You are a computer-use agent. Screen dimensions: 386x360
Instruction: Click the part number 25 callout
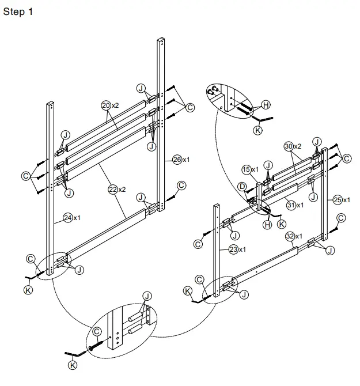(x=338, y=200)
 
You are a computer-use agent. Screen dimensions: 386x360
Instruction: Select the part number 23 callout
(x=234, y=249)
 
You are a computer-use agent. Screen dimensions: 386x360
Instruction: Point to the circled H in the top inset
(x=266, y=104)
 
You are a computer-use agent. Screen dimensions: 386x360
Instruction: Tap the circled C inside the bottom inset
(x=97, y=331)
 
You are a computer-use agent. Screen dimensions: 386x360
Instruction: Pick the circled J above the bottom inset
(x=147, y=296)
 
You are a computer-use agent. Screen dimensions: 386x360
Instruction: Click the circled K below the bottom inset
(x=73, y=365)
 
